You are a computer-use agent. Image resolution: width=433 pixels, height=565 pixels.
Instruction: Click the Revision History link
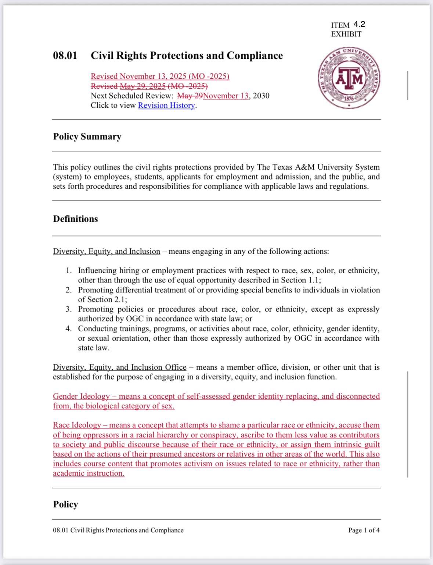(166, 106)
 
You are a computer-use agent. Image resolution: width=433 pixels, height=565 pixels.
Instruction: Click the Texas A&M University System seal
(349, 78)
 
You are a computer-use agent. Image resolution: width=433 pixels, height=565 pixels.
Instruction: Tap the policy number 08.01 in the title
(65, 56)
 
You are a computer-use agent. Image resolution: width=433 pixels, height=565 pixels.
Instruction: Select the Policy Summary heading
(87, 136)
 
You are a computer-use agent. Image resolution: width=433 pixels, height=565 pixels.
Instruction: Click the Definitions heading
(75, 219)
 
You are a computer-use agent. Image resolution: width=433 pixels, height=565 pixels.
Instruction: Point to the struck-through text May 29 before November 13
(190, 96)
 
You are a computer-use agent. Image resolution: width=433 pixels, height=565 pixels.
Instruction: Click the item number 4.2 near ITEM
(359, 24)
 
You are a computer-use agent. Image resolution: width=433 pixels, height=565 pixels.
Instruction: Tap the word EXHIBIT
(346, 34)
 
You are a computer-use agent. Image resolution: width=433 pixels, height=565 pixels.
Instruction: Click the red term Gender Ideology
(81, 397)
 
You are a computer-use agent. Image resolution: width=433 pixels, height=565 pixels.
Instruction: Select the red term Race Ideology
(77, 425)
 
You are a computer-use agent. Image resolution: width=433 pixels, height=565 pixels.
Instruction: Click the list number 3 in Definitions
(69, 309)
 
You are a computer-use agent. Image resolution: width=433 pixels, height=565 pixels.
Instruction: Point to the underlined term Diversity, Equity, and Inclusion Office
(120, 367)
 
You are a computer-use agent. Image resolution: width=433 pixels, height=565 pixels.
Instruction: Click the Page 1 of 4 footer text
(364, 530)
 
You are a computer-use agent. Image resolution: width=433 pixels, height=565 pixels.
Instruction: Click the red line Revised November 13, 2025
(160, 77)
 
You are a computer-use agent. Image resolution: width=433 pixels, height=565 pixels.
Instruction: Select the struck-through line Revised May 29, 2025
(149, 86)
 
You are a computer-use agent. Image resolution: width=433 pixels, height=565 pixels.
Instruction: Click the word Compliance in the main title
(255, 56)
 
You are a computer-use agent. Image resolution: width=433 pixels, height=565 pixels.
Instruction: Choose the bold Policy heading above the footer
(65, 504)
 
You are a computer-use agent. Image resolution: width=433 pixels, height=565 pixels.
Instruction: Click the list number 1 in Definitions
(69, 271)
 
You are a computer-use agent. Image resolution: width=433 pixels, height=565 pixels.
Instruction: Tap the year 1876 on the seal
(349, 99)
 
